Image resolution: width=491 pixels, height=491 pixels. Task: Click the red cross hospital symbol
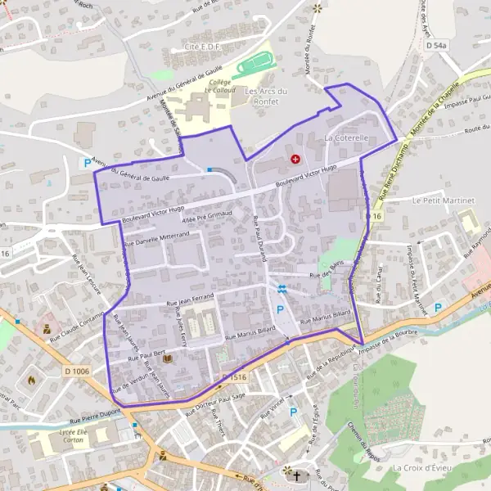pos(295,159)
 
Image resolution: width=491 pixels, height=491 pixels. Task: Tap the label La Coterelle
pos(349,139)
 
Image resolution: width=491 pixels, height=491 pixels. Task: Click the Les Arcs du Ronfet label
pos(267,96)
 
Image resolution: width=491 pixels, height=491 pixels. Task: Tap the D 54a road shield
pos(437,47)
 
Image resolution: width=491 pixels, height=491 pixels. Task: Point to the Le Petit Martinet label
pos(439,200)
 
